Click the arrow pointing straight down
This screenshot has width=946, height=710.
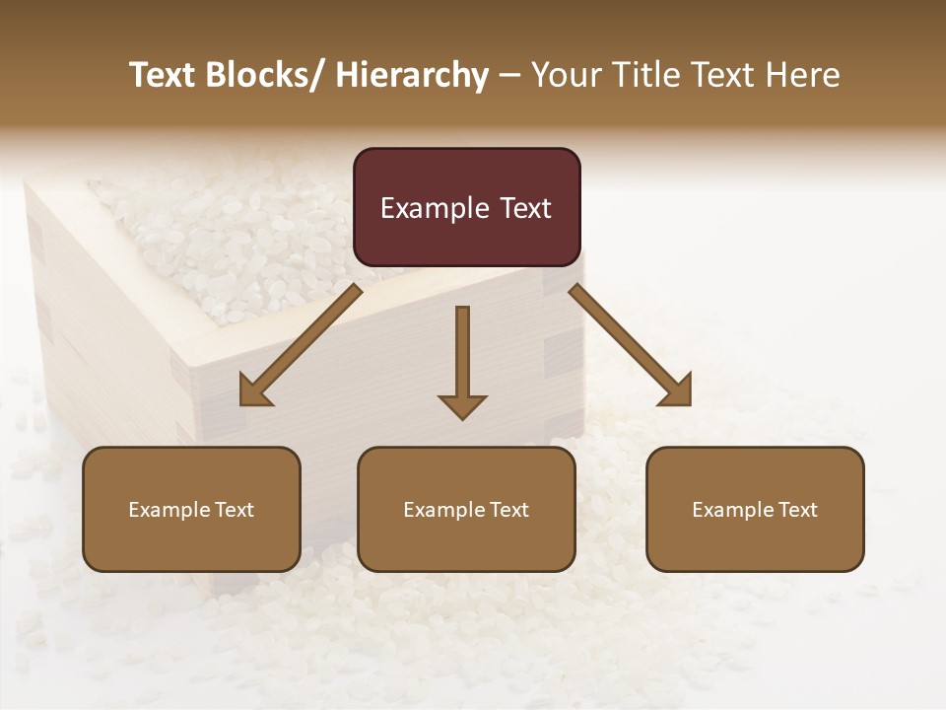point(462,361)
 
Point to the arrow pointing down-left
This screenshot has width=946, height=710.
point(301,345)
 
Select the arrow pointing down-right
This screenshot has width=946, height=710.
point(631,345)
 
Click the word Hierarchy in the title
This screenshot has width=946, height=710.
point(412,76)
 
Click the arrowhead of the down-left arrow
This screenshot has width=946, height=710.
point(254,392)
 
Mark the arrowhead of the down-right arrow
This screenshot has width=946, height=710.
point(677,392)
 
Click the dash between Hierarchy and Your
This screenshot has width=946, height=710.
point(509,76)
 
